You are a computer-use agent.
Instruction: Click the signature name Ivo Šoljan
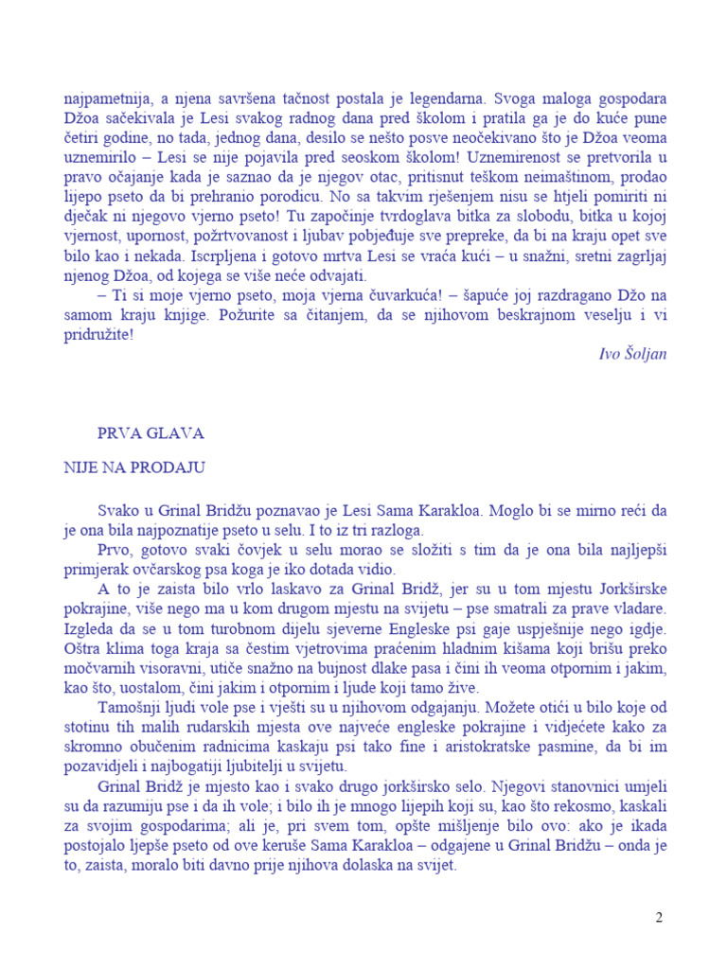[x=633, y=354]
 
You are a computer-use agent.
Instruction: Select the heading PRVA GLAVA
[x=151, y=433]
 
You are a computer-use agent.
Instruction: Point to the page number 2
[x=660, y=918]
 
